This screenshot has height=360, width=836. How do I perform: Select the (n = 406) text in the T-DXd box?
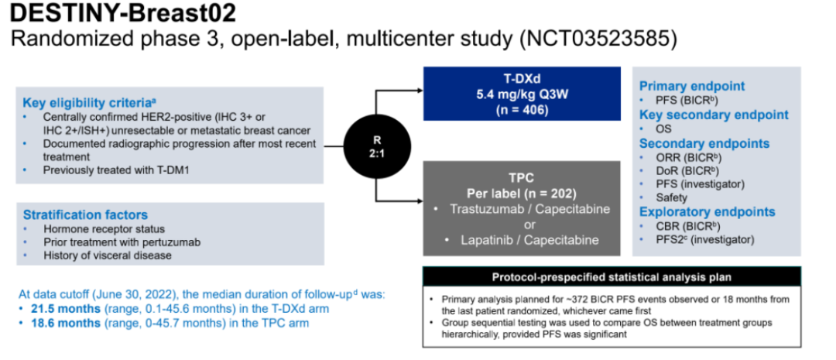(x=522, y=110)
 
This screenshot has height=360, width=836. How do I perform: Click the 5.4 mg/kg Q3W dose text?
(x=522, y=95)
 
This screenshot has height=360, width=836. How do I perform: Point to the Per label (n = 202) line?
(x=522, y=191)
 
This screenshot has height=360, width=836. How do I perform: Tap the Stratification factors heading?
(x=85, y=214)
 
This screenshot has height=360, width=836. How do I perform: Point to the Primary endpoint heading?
(x=692, y=86)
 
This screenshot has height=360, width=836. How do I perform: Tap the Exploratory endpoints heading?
(x=707, y=211)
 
